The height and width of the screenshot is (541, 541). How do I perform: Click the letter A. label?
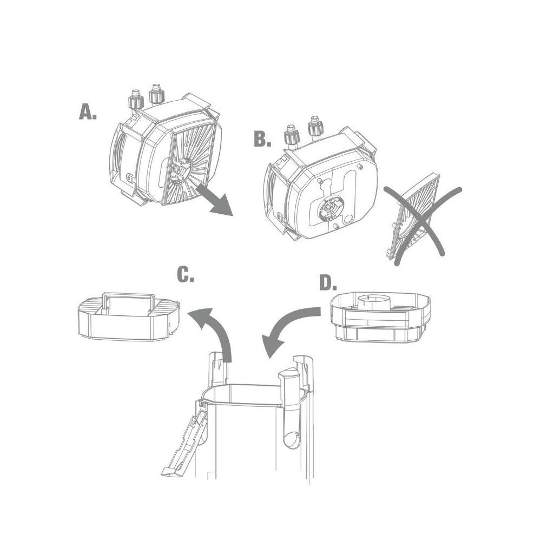(88, 112)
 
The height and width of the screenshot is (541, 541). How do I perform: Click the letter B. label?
(262, 139)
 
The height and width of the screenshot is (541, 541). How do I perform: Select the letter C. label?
(186, 275)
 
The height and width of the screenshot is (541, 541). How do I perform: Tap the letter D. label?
(328, 283)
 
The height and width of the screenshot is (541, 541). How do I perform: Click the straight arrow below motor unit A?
(215, 200)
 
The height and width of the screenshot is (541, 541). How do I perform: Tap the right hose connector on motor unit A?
(156, 94)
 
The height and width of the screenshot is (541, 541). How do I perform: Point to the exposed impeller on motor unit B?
(329, 209)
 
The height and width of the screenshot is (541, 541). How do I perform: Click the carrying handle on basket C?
(128, 300)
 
